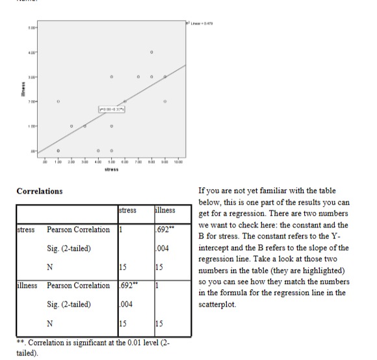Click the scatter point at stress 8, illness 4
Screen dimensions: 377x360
point(151,51)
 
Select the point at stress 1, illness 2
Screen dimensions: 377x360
point(58,101)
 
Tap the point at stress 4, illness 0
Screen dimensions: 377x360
point(98,151)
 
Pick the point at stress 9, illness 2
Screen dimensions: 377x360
point(164,101)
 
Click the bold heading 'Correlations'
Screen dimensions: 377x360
point(40,191)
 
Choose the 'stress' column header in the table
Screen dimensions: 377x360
point(127,211)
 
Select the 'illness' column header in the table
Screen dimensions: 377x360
point(164,211)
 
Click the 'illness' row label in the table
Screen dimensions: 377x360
point(27,285)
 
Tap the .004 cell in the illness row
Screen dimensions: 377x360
point(125,303)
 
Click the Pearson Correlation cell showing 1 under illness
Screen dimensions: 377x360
point(157,285)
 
